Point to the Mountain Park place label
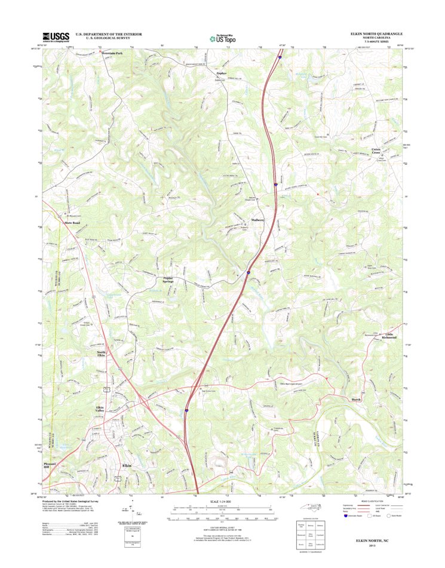pyautogui.click(x=112, y=53)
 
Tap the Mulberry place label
pyautogui.click(x=258, y=220)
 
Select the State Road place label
pyautogui.click(x=72, y=223)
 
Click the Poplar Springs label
pyautogui.click(x=172, y=280)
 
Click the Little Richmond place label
pyautogui.click(x=389, y=336)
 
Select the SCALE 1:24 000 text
pyautogui.click(x=222, y=500)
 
